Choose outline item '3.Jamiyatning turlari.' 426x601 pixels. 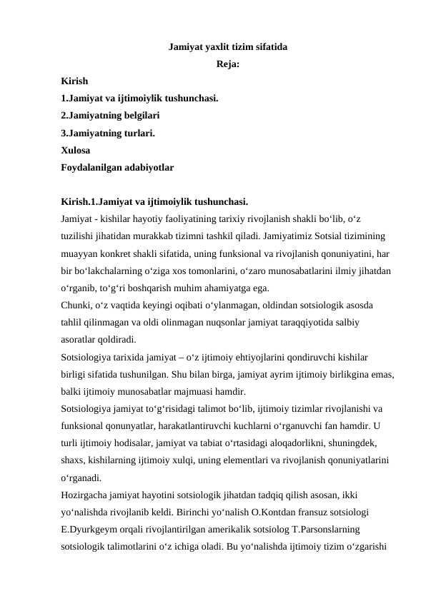click(x=108, y=133)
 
